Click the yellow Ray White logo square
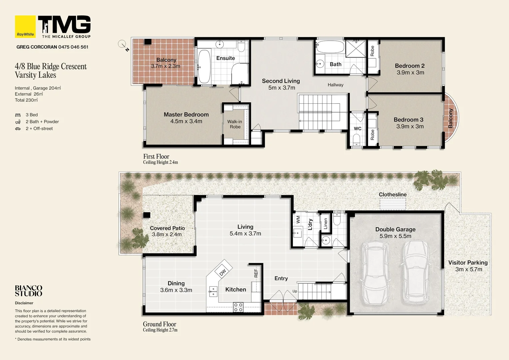click(25, 26)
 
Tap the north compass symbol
click(123, 44)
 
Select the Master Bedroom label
click(186, 114)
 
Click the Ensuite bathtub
click(204, 66)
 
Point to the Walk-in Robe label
click(235, 124)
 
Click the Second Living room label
click(281, 81)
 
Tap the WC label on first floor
click(357, 129)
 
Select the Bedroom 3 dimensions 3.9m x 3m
click(410, 126)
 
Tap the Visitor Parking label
click(468, 263)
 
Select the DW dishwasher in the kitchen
click(223, 272)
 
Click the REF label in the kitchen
click(256, 273)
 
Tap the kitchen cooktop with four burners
click(238, 307)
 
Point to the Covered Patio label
click(167, 228)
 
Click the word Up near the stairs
click(295, 291)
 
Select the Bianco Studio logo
click(29, 291)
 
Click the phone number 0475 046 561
click(73, 47)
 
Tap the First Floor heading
click(156, 156)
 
